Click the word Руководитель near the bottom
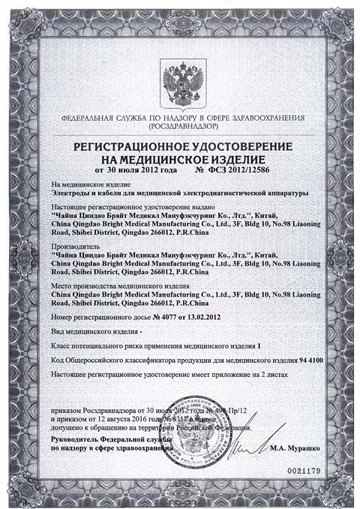(76, 437)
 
